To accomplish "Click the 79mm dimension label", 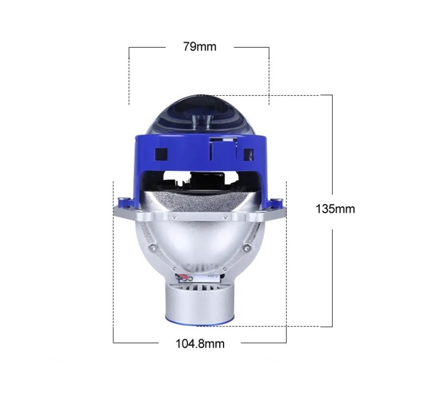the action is click(x=200, y=47).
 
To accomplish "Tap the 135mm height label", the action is click(x=335, y=209).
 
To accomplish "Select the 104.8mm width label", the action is click(x=200, y=344).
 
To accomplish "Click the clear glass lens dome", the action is click(x=200, y=115).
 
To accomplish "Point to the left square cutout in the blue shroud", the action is click(x=161, y=154).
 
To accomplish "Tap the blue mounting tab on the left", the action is click(x=126, y=202).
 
